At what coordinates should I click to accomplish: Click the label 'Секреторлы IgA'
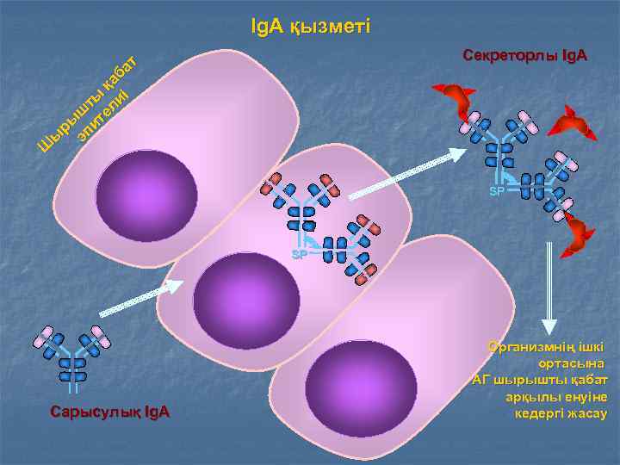click(x=524, y=57)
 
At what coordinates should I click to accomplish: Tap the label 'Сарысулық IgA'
click(x=109, y=412)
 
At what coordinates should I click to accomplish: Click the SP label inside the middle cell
click(x=299, y=255)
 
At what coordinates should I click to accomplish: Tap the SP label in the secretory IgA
click(x=497, y=190)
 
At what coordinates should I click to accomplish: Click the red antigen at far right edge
click(x=576, y=124)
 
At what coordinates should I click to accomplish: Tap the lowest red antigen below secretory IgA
click(x=576, y=236)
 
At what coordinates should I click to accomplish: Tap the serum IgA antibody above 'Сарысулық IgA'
click(x=72, y=353)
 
